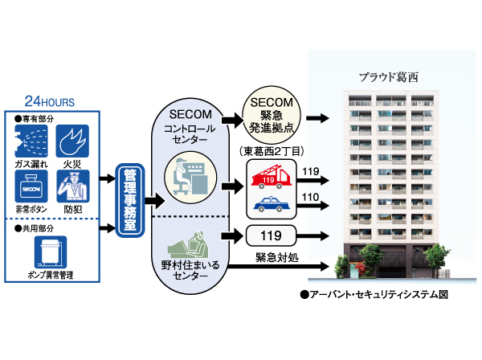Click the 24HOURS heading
(49, 102)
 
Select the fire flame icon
(72, 140)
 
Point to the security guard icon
(72, 186)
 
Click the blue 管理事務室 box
(128, 200)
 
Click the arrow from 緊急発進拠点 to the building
(318, 118)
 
